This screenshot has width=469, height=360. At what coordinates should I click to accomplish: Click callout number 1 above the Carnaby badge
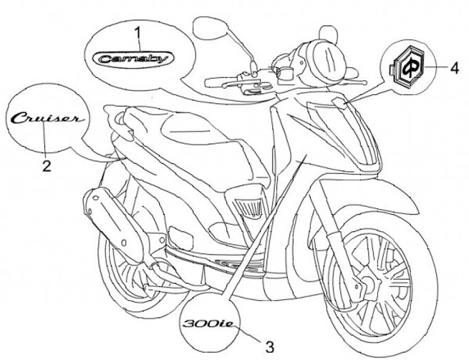point(137,31)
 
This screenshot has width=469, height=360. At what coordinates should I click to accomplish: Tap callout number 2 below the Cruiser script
point(46,165)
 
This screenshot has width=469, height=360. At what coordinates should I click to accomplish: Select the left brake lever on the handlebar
point(221,81)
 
